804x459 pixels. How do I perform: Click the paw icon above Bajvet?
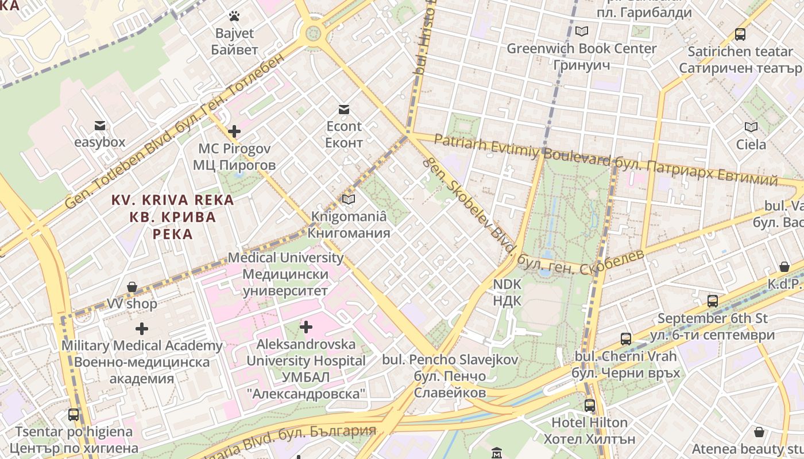234,16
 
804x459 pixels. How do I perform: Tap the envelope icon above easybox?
100,125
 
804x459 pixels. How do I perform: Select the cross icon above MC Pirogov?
234,131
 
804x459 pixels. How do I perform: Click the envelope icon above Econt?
344,110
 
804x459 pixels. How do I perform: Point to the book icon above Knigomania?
349,200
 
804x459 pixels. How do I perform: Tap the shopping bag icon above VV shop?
132,286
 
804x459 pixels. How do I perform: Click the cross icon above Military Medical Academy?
141,329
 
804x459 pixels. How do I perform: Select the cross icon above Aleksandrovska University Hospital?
306,327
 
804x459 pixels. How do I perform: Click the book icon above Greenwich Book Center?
582,32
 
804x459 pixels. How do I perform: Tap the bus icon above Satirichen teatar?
740,34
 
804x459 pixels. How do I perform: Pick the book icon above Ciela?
751,127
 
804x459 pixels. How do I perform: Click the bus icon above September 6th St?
712,301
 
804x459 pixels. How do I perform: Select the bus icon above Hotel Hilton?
589,405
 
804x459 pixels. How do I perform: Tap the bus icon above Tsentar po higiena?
74,414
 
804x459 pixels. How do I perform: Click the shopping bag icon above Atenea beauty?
759,431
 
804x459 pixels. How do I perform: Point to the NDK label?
507,292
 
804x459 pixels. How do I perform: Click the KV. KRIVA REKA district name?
172,217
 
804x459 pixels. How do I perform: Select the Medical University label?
285,274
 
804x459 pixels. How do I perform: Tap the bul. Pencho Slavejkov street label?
450,376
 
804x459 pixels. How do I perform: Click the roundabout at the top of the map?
313,33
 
